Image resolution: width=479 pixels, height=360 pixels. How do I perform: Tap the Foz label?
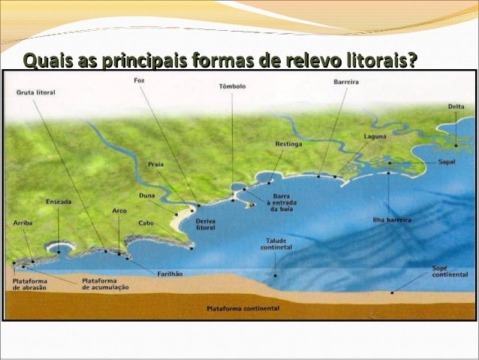(139, 80)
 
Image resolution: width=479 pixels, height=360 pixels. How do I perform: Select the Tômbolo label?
(232, 86)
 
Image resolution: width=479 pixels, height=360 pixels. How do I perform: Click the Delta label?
(456, 107)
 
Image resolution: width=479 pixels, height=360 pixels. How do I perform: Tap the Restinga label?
(288, 143)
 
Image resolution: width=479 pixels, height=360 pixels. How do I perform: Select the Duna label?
(147, 195)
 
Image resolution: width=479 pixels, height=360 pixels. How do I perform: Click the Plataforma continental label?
(243, 308)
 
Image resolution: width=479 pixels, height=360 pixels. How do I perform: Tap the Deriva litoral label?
(206, 225)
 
